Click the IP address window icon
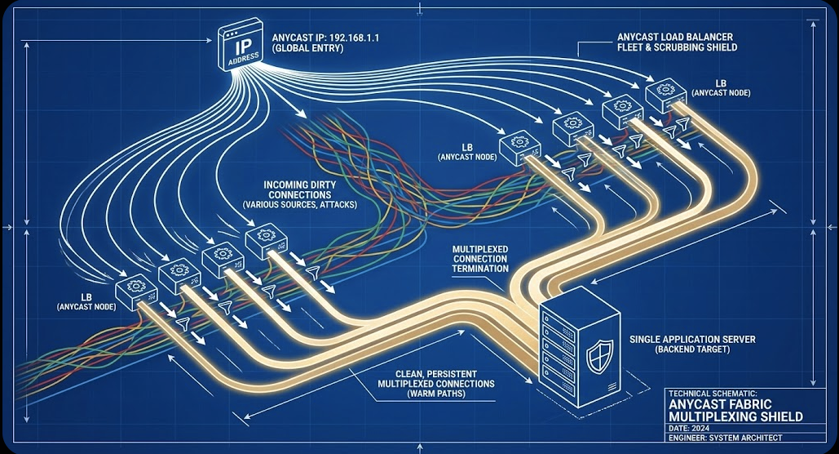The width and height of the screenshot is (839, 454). (x=241, y=45)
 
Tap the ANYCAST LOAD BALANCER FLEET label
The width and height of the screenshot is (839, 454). (x=677, y=42)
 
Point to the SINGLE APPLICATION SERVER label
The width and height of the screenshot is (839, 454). (x=692, y=340)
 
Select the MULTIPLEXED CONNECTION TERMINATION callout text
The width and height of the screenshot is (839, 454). (x=480, y=259)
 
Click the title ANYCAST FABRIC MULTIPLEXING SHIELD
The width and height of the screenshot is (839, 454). (x=735, y=410)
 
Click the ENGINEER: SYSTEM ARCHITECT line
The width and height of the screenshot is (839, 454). (x=725, y=438)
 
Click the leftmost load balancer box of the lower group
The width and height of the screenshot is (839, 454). (x=136, y=292)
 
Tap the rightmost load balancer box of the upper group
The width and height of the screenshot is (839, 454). (x=665, y=96)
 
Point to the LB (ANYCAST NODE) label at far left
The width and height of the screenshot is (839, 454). (x=86, y=302)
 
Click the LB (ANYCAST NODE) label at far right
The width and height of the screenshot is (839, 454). (x=721, y=88)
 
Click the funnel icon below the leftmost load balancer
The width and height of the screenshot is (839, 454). (x=183, y=323)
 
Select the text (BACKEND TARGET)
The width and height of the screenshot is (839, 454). (x=692, y=349)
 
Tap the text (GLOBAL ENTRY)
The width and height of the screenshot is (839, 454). (x=307, y=48)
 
